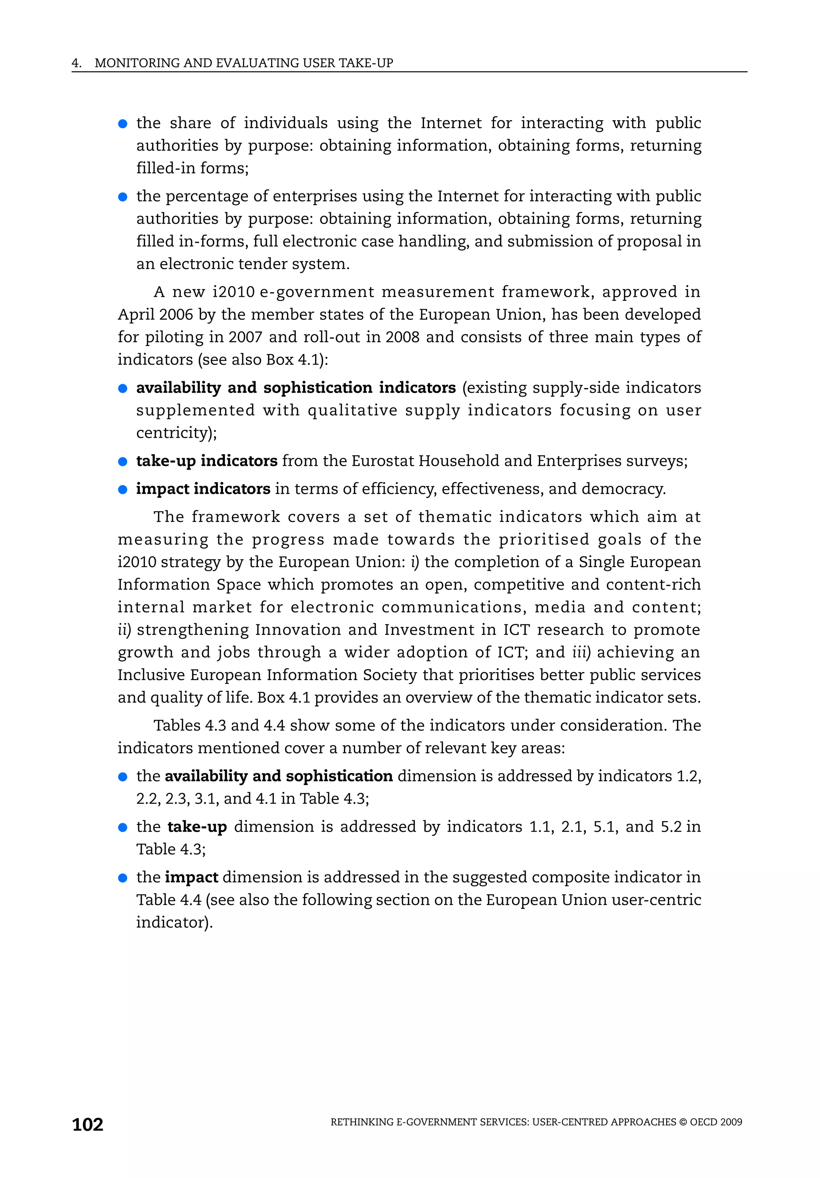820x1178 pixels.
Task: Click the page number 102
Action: pyautogui.click(x=88, y=1124)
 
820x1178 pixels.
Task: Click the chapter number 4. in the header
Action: pyautogui.click(x=76, y=63)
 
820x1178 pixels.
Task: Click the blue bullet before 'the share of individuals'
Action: pyautogui.click(x=123, y=124)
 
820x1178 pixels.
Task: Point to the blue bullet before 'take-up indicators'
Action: pyautogui.click(x=123, y=462)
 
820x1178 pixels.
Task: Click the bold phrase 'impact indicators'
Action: pyautogui.click(x=203, y=489)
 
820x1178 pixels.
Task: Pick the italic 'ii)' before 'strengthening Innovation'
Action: pyautogui.click(x=124, y=630)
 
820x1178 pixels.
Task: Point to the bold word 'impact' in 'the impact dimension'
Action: pyautogui.click(x=191, y=877)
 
